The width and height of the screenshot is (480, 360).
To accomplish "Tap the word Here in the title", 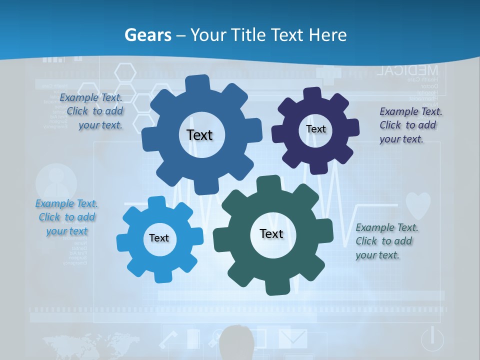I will (x=327, y=35).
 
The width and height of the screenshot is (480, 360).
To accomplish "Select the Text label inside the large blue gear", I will (x=199, y=135).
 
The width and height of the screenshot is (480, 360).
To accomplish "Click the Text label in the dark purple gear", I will (x=315, y=129).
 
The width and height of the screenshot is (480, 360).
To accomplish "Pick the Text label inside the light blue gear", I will (x=159, y=238).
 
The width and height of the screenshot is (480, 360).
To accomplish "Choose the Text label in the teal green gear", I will (x=271, y=233).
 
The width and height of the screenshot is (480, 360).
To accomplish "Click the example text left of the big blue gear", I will (x=91, y=111).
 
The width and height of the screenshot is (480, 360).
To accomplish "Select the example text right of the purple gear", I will (x=410, y=125).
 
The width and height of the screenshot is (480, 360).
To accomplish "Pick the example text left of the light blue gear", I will (x=66, y=217).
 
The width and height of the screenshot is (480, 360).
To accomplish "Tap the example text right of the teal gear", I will (x=386, y=241).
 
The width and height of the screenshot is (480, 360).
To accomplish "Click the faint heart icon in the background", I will (x=417, y=205).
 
